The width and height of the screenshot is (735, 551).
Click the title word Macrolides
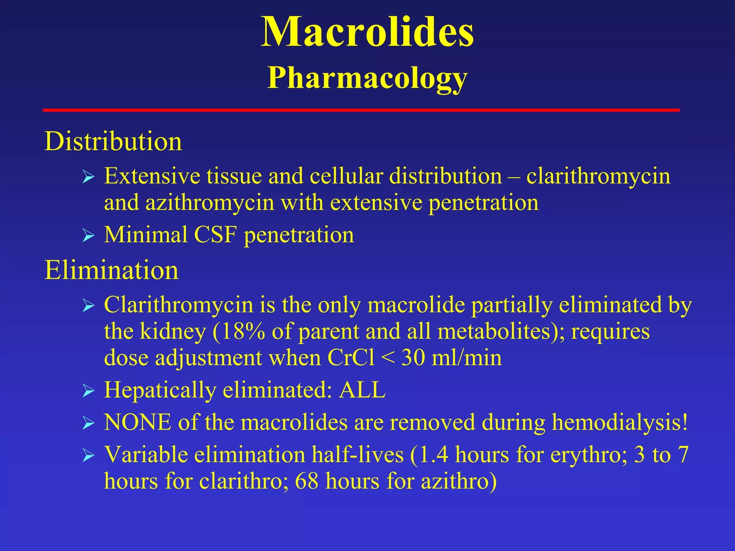tap(367, 32)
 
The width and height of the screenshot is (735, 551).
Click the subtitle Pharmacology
tap(367, 78)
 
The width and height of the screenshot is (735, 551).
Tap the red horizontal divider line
tap(361, 110)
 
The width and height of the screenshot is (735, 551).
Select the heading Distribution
tap(113, 141)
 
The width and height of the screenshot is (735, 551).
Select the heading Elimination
tap(111, 270)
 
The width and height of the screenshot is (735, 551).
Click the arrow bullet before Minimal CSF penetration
tap(88, 236)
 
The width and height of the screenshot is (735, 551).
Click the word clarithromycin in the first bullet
tap(598, 176)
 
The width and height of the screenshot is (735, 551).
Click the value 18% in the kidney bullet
tap(243, 331)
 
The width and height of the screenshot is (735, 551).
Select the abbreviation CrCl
tap(351, 358)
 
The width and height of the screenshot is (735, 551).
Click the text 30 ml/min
tap(451, 358)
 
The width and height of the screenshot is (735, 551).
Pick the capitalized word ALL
tap(362, 390)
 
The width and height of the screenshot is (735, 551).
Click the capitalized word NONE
tap(137, 422)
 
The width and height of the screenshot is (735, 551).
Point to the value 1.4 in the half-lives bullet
tap(433, 455)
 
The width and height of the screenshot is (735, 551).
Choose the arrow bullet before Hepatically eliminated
tap(88, 391)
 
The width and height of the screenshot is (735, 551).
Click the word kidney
tap(173, 331)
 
